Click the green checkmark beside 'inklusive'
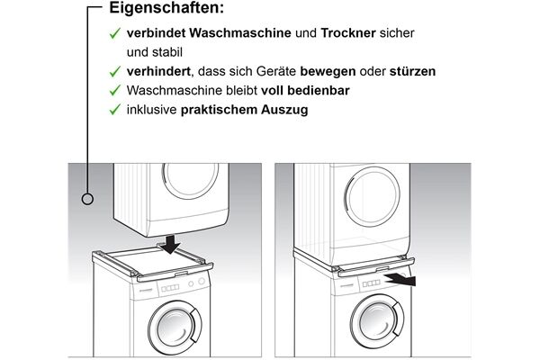click(x=114, y=110)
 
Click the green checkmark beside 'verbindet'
click(x=114, y=32)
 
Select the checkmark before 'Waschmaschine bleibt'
click(x=114, y=90)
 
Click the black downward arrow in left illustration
click(x=172, y=245)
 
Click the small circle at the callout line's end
click(x=88, y=198)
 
